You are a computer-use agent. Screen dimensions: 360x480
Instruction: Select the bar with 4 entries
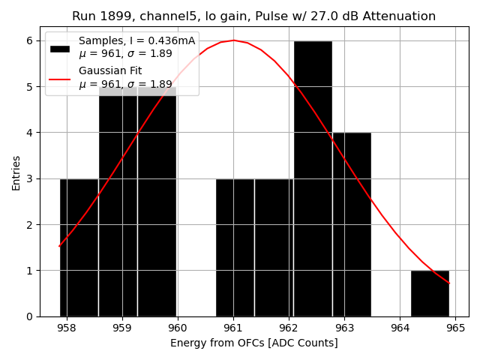tap(352, 224)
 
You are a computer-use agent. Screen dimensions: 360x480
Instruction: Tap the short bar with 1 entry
tap(430, 293)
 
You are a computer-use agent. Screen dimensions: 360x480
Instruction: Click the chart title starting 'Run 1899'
tap(253, 16)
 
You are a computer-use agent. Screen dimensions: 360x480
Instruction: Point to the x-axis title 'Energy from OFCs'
tap(253, 343)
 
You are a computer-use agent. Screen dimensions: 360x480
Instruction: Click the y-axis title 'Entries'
tap(16, 172)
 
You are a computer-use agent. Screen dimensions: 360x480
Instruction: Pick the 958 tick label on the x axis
tap(67, 328)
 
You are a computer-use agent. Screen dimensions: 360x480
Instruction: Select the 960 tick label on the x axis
tap(178, 328)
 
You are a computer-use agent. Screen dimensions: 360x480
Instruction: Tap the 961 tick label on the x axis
tap(233, 328)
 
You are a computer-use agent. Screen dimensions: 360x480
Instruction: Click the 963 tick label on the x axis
tap(344, 328)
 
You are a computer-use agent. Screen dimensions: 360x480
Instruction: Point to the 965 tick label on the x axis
tap(455, 328)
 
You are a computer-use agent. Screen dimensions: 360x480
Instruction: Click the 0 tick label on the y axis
tap(31, 316)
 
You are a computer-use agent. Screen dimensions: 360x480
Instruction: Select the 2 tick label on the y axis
tap(31, 224)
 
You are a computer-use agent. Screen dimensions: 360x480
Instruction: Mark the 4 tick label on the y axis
tap(31, 133)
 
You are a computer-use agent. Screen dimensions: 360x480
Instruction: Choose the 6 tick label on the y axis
tap(31, 40)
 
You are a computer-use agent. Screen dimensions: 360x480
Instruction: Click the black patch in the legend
tap(60, 49)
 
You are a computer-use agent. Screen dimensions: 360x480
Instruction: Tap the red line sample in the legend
tap(60, 78)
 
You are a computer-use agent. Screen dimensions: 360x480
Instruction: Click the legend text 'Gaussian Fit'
tap(110, 71)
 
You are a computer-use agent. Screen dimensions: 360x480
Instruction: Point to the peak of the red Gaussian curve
tap(233, 40)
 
